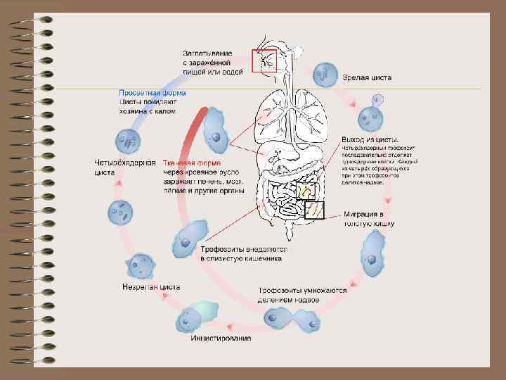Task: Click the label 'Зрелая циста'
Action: pos(367,77)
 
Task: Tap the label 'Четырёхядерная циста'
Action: pos(124,167)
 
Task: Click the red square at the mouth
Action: pos(265,61)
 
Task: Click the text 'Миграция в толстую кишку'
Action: pos(368,218)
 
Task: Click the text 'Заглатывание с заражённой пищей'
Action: pos(213,62)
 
